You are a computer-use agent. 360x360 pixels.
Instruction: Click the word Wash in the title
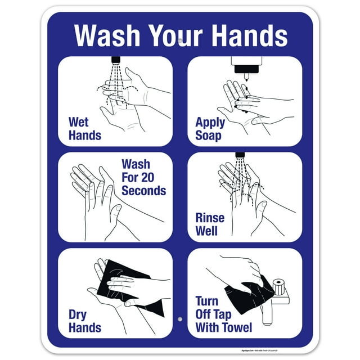pos(107,35)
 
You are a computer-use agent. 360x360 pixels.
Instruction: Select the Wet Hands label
pos(84,128)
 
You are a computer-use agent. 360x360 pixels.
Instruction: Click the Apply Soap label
pos(210,129)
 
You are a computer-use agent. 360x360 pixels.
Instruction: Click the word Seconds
pos(143,191)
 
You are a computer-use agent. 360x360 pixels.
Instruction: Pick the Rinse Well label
pos(210,224)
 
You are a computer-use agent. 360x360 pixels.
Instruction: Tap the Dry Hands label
pos(84,321)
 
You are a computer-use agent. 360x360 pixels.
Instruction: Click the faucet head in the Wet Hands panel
pos(116,59)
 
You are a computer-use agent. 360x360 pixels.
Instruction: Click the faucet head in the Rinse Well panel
pos(240,154)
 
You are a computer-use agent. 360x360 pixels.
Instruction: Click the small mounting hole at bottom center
pos(180,319)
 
